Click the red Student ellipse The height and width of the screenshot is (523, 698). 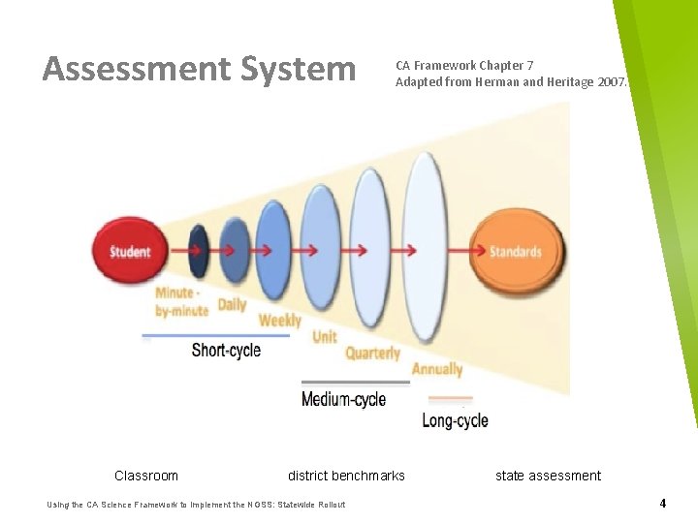pos(129,251)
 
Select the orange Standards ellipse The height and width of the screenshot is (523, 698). pos(515,252)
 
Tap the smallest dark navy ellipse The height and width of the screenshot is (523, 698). pos(199,251)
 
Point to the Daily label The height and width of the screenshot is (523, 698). pos(232,304)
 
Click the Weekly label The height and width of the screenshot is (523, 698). pos(280,320)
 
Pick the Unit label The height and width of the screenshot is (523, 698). pos(325,337)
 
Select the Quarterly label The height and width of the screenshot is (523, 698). pos(372,354)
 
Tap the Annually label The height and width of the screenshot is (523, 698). pos(437,369)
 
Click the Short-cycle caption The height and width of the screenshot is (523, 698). pos(226,351)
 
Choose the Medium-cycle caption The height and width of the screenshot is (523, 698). pos(343,399)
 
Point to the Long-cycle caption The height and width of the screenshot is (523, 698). pos(455,420)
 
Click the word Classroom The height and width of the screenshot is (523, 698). pos(146,476)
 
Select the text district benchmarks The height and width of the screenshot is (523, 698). pos(346,476)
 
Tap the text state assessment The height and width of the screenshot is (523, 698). pos(548,476)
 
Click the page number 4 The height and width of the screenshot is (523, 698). pos(662,504)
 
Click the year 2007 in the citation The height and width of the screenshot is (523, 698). pos(612,82)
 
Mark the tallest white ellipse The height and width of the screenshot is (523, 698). pos(425,232)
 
